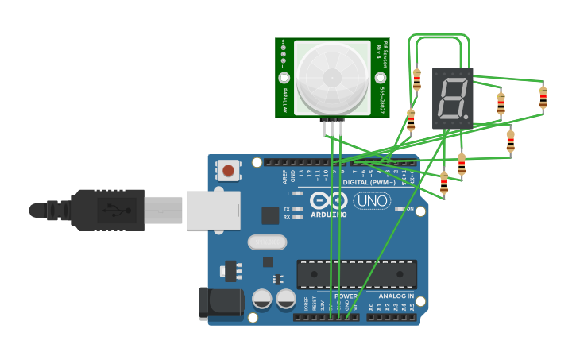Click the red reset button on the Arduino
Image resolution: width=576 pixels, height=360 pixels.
pos(229,170)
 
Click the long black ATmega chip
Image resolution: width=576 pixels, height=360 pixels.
pos(357,274)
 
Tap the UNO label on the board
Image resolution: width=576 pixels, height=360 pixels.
pos(372,201)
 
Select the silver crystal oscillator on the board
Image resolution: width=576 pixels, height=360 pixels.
pos(266,242)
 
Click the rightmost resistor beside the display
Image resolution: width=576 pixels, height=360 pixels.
pos(543,98)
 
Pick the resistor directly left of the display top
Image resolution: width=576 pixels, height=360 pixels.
pos(417,79)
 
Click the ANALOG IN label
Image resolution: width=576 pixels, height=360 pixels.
pos(396,296)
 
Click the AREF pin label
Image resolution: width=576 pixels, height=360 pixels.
pos(285,176)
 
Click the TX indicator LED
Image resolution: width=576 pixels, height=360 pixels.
pos(298,209)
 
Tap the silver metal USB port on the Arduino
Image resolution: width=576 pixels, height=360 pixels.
pos(213,210)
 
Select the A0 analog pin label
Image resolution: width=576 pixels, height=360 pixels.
pos(370,306)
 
